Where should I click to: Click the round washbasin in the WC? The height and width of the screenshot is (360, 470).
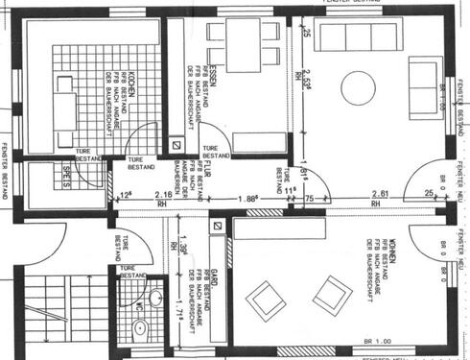coord(140,329)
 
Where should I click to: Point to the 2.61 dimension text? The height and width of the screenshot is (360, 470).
coord(381,194)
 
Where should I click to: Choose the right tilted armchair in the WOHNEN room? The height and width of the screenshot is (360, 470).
coord(332,294)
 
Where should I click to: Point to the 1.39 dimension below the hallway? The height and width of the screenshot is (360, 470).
coord(180,252)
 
